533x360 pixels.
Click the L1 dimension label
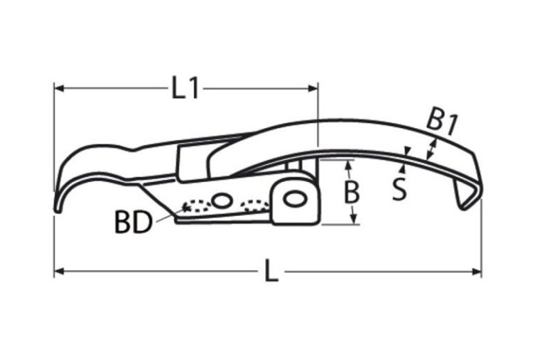click(x=185, y=88)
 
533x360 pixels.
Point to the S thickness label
click(x=399, y=189)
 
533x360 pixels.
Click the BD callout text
click(x=133, y=223)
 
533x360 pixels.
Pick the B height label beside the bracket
click(x=352, y=192)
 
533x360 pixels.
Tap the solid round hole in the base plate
click(x=221, y=201)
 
